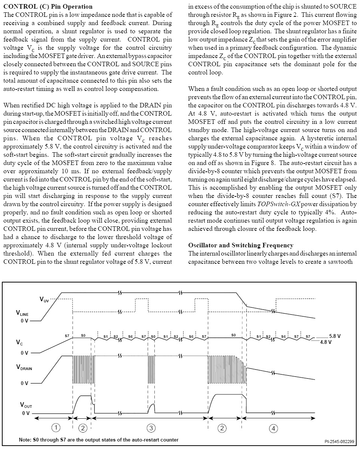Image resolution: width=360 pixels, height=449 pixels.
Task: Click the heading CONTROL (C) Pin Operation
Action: coord(47,6)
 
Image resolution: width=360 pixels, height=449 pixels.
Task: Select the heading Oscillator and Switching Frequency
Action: coord(241,245)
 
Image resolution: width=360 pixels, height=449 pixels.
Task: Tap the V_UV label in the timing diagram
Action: coord(44,300)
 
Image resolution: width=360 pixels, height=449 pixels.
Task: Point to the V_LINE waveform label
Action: coord(22,313)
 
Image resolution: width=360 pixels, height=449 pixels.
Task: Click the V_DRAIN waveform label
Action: coord(24,367)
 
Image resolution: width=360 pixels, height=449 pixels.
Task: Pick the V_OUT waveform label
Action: coord(26,405)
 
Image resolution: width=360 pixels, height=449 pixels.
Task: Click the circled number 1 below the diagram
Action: coord(55,427)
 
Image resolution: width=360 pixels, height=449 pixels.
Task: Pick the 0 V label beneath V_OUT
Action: coord(25,413)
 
